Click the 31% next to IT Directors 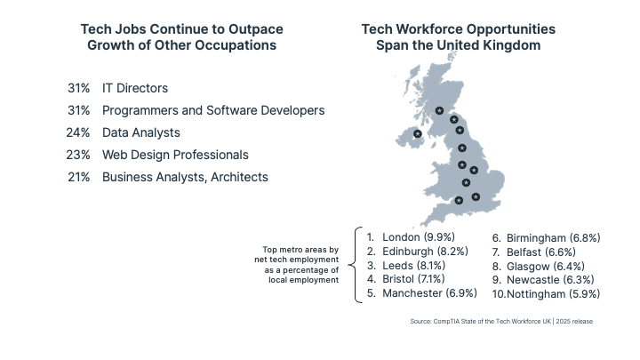click(78, 88)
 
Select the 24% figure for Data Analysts click(78, 132)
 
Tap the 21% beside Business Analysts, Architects click(78, 177)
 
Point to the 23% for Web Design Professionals click(78, 155)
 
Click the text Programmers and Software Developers click(212, 110)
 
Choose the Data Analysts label click(140, 132)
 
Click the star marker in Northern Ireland click(418, 134)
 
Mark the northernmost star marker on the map click(439, 110)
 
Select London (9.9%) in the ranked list click(418, 237)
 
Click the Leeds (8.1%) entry click(413, 266)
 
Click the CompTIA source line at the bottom click(500, 321)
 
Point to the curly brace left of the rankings click(357, 264)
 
